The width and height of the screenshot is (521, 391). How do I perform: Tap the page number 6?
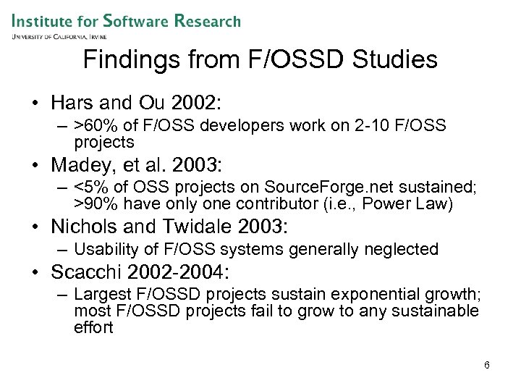(x=487, y=365)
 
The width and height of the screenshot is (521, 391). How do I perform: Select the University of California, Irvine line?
(x=59, y=36)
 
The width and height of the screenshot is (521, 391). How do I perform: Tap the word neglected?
(x=404, y=250)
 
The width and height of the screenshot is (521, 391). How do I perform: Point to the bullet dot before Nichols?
(x=36, y=227)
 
